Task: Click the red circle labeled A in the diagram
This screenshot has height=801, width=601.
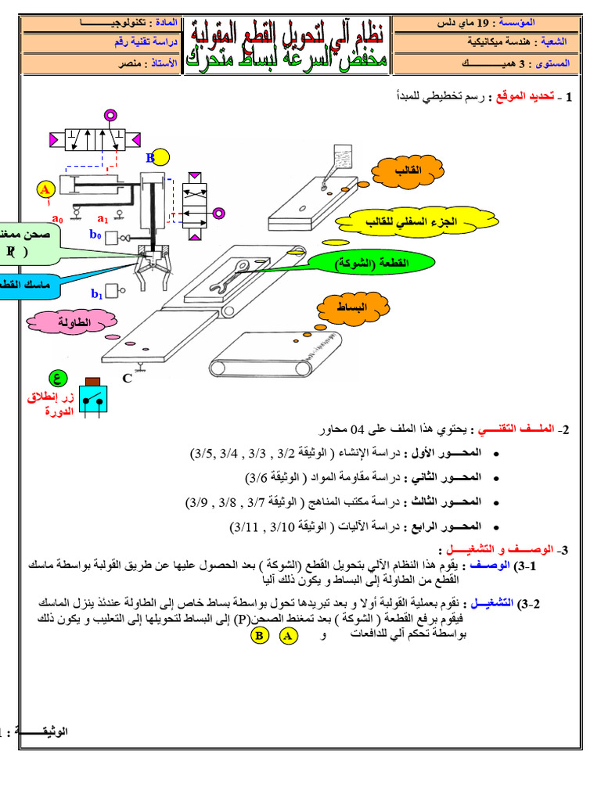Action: (x=45, y=189)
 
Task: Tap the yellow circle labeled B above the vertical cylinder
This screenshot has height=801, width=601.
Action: (x=160, y=157)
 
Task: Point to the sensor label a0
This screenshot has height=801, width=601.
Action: (x=57, y=218)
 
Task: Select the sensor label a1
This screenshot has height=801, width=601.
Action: (x=102, y=218)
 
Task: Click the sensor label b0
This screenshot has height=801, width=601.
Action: (x=95, y=234)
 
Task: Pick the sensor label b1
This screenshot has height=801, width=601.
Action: (x=97, y=294)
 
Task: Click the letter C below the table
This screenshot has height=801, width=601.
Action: (x=127, y=379)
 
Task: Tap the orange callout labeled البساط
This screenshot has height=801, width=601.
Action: (x=351, y=308)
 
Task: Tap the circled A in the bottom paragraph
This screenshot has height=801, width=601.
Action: (x=288, y=636)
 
